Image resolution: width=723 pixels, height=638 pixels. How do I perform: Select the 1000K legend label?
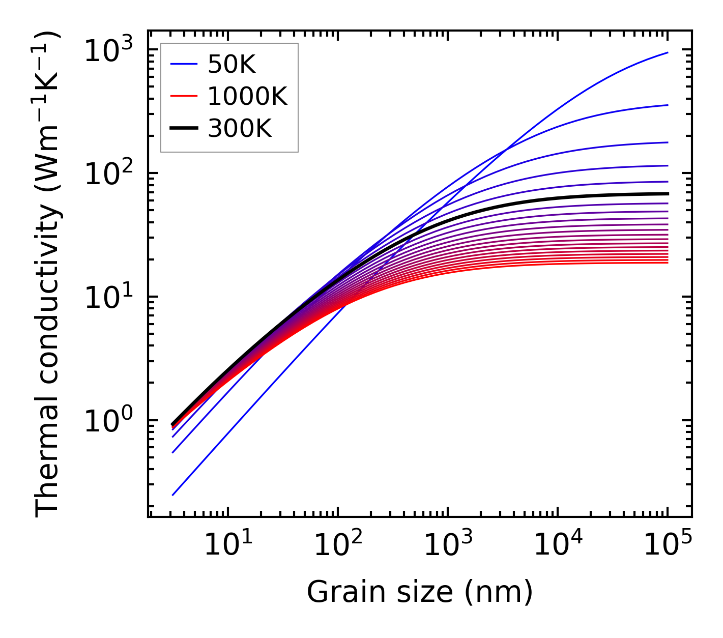[247, 96]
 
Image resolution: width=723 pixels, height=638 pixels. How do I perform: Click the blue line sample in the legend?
[183, 64]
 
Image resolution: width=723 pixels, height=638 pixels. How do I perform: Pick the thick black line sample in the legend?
[183, 129]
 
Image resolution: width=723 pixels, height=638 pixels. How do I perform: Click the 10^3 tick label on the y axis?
[108, 51]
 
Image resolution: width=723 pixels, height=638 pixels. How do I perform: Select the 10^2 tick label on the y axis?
[108, 175]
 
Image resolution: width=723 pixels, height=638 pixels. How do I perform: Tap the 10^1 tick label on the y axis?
[108, 298]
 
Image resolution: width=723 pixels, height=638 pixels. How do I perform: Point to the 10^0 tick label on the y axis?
[108, 422]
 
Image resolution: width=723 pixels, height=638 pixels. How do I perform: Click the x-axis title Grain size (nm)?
[420, 592]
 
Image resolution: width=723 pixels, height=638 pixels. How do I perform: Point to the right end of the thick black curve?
[668, 193]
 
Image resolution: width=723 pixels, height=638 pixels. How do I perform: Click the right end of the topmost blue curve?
[668, 52]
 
